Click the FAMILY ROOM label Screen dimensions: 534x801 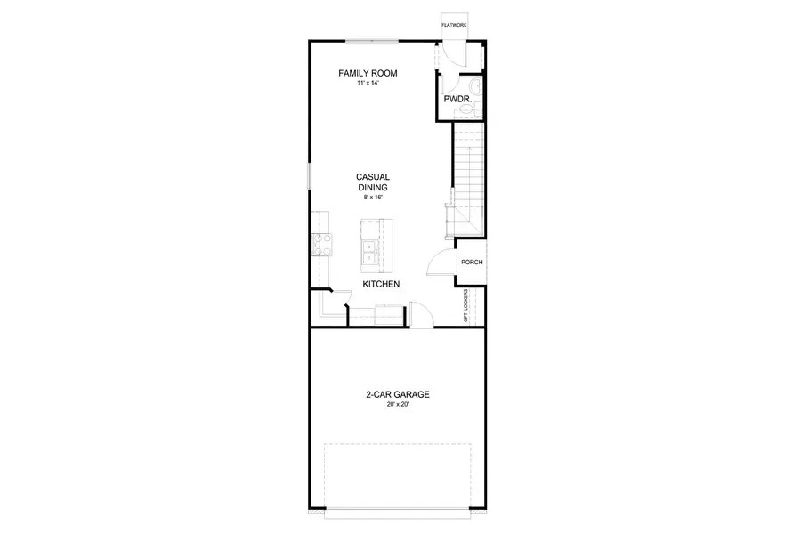click(367, 73)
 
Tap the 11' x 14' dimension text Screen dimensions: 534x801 click(367, 84)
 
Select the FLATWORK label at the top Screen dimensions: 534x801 click(454, 26)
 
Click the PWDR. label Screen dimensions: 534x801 click(457, 100)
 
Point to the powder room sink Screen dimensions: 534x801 click(477, 87)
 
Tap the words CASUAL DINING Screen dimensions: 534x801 click(373, 182)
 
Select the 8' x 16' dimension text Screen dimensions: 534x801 click(373, 198)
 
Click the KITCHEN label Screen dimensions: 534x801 click(380, 285)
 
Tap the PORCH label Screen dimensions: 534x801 click(472, 263)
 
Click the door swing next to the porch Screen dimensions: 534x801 click(439, 264)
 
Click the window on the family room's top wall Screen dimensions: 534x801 click(373, 39)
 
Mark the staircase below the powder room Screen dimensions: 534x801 click(469, 174)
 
